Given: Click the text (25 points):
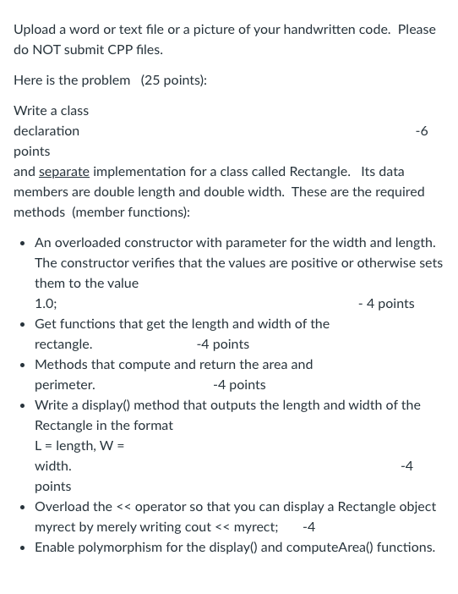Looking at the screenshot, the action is point(173,80).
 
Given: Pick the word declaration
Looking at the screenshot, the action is point(46,131).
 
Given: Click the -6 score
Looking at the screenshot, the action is point(422,131).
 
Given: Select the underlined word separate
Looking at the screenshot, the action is point(64,172).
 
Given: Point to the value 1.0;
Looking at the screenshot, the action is point(46,304).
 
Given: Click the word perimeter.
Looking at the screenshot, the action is point(64,385).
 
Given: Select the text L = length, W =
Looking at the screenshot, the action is point(79,446).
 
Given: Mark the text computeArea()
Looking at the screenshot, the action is point(336,547).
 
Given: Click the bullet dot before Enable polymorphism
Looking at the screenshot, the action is point(23,547).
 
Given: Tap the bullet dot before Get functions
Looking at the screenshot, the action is point(23,324).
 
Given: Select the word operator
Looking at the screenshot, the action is point(161,507).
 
